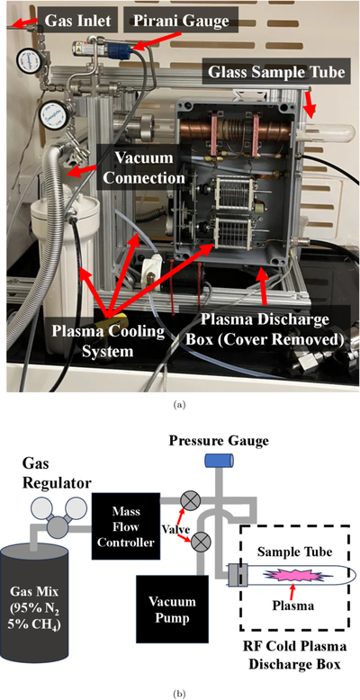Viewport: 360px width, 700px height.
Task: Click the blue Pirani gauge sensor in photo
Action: [121, 47]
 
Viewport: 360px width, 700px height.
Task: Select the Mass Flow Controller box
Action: [126, 526]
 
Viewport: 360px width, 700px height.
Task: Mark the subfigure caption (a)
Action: [180, 405]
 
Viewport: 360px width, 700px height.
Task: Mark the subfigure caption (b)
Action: [180, 694]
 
